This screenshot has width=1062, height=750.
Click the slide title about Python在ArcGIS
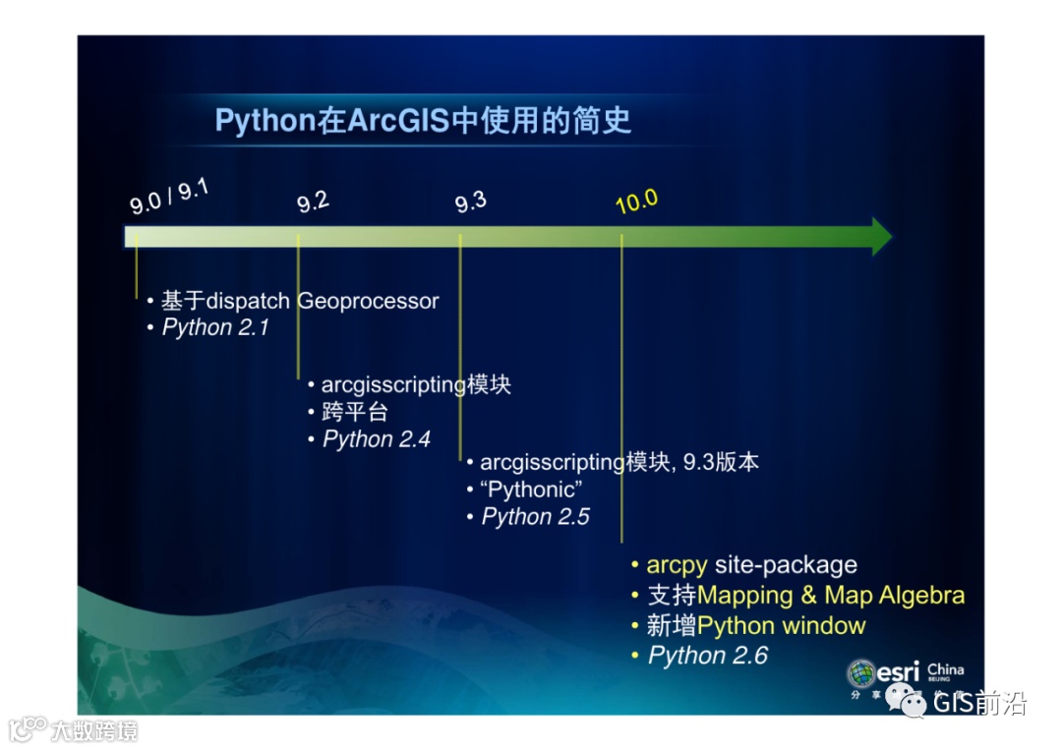pos(423,121)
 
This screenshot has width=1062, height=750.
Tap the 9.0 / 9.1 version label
pos(169,197)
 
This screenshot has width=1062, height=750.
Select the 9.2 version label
pos(313,202)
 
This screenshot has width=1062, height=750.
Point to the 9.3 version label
pos(471,202)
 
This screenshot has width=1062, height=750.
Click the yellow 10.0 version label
pos(636,202)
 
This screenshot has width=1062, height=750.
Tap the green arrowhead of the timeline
pos(882,236)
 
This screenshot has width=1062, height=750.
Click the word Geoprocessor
pos(368,301)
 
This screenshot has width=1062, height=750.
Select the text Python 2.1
pos(215,327)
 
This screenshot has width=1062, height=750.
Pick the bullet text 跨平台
pos(354,412)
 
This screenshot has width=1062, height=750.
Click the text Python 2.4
pos(377,439)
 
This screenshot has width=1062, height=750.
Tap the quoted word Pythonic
pos(531,490)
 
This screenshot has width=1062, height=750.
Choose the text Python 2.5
pos(536,517)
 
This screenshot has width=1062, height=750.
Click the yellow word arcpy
pos(677,565)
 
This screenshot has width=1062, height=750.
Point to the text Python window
pos(781,625)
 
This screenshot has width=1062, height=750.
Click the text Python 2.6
pos(708,656)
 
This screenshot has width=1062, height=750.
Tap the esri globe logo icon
pos(860,673)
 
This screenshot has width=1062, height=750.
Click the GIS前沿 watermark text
pos(979,703)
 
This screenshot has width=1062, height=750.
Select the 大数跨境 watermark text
pos(94,731)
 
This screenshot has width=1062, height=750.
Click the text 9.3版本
pos(721,462)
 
